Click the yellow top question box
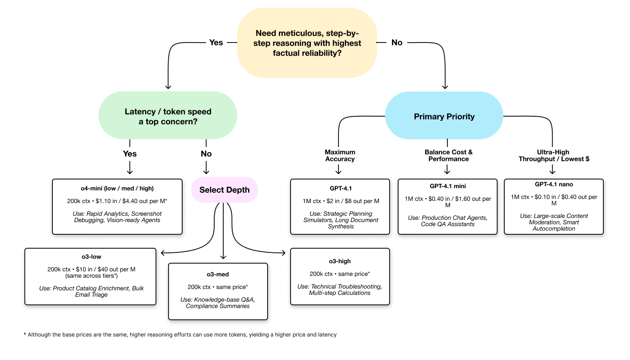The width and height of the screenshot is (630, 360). point(307,43)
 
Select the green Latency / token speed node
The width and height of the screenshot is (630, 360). point(168,116)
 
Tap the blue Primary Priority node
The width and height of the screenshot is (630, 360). point(444,117)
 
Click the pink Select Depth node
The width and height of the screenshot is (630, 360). point(224,190)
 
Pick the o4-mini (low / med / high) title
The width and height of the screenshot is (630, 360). point(117,189)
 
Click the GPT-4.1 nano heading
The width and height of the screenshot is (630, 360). point(554,185)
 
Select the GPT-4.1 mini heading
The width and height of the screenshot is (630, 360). point(447,186)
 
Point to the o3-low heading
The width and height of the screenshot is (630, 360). point(91,257)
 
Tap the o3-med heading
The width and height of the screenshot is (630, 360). point(218,275)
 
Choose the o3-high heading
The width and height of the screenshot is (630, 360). point(339,261)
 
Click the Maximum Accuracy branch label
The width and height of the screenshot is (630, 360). point(340,156)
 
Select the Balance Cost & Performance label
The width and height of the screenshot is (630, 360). point(448,156)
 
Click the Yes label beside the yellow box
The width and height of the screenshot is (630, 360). point(216,43)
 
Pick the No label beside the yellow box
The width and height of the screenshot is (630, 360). point(396,43)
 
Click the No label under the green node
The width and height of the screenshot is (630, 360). point(206,154)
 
